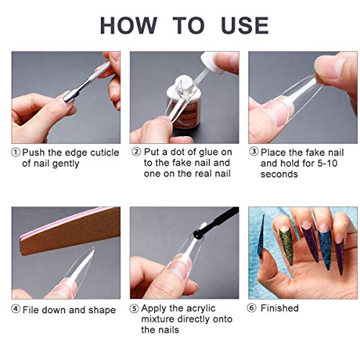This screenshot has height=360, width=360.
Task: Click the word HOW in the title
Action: tap(128, 25)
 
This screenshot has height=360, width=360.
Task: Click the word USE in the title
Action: tap(245, 25)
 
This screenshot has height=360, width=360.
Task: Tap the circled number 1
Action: tap(16, 153)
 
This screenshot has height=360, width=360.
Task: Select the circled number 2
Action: tap(136, 152)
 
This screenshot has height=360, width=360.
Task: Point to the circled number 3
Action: tap(253, 152)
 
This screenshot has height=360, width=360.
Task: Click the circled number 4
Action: tap(16, 309)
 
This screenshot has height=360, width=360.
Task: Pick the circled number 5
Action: tap(135, 309)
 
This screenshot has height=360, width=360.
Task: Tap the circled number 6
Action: tap(251, 308)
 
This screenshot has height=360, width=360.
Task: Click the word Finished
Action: tap(279, 308)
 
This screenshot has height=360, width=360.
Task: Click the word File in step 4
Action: tap(30, 310)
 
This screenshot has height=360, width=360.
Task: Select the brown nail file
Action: tap(70, 230)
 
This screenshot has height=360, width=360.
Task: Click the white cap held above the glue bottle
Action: tap(211, 63)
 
